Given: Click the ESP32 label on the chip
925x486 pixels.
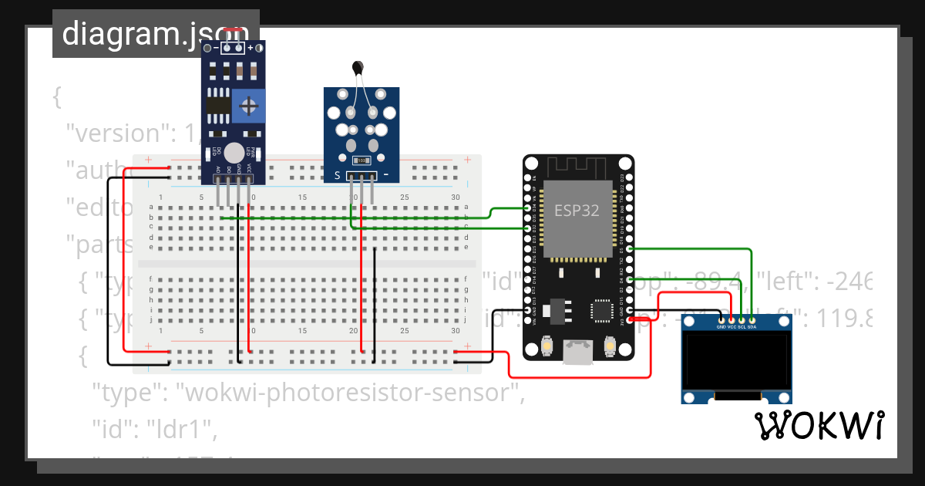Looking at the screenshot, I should point(576,211).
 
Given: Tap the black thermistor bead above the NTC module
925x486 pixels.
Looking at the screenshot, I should point(357,69).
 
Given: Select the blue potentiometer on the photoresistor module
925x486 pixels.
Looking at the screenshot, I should point(249,106).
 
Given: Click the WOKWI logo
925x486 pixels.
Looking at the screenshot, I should point(819,426).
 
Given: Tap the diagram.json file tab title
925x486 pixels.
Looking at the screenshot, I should point(155,34).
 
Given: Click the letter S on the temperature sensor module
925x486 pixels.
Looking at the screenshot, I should point(337,175).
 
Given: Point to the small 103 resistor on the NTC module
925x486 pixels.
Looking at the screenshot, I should point(360,160).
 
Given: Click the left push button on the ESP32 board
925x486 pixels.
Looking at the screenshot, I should point(546,346).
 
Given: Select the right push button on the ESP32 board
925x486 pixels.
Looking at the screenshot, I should point(610,346).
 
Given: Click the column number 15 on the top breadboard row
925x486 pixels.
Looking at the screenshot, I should point(302,198).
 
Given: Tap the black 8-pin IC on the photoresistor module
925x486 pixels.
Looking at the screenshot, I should point(218,106).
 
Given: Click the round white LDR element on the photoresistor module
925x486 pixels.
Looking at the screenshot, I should point(234,154).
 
